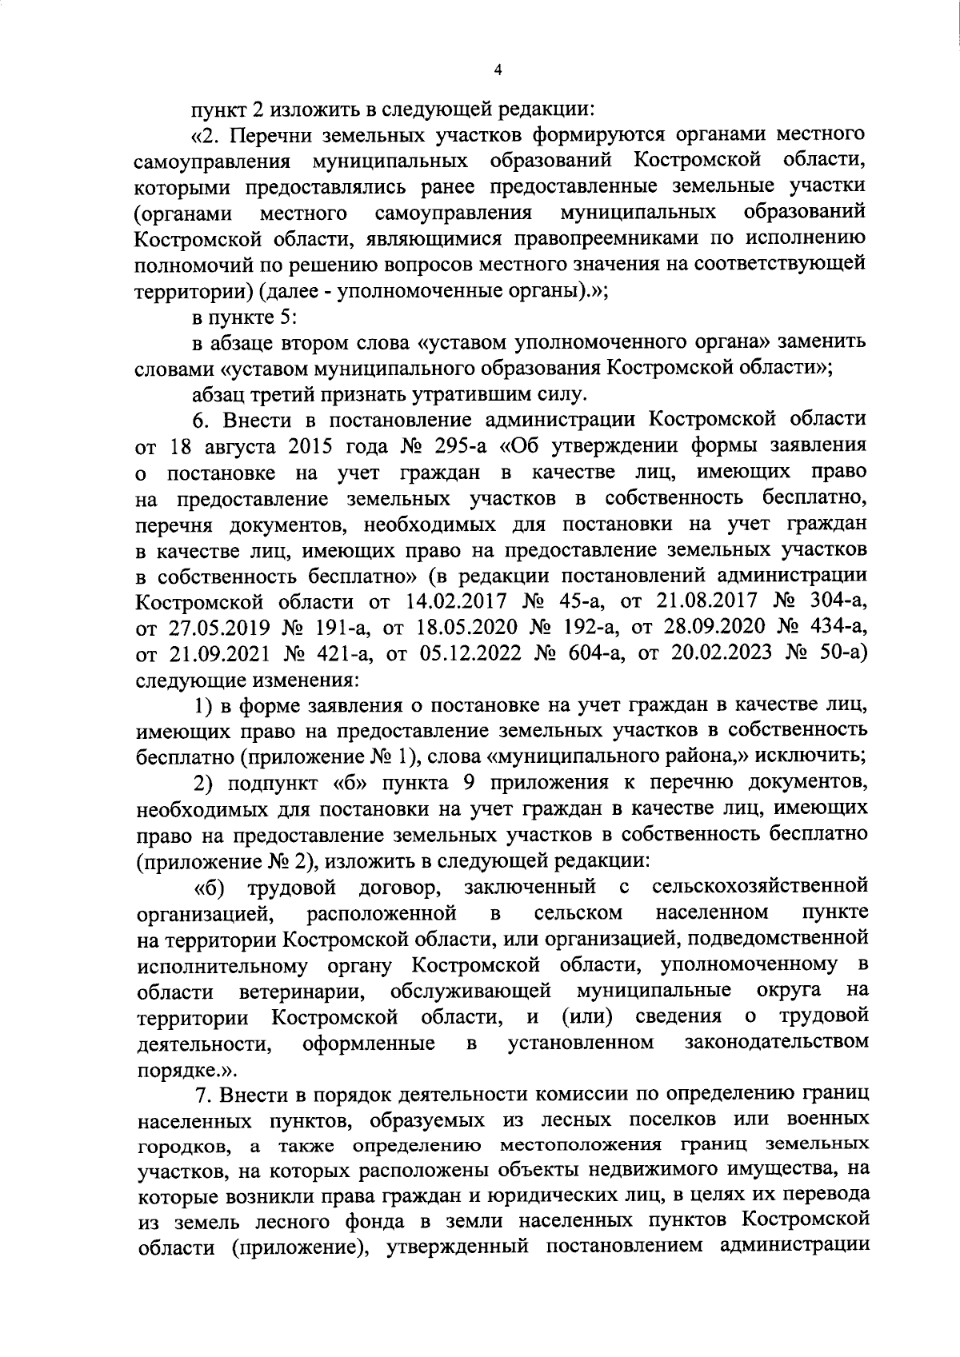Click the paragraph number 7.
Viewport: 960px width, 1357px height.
point(202,1094)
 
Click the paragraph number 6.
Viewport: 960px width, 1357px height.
point(200,420)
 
